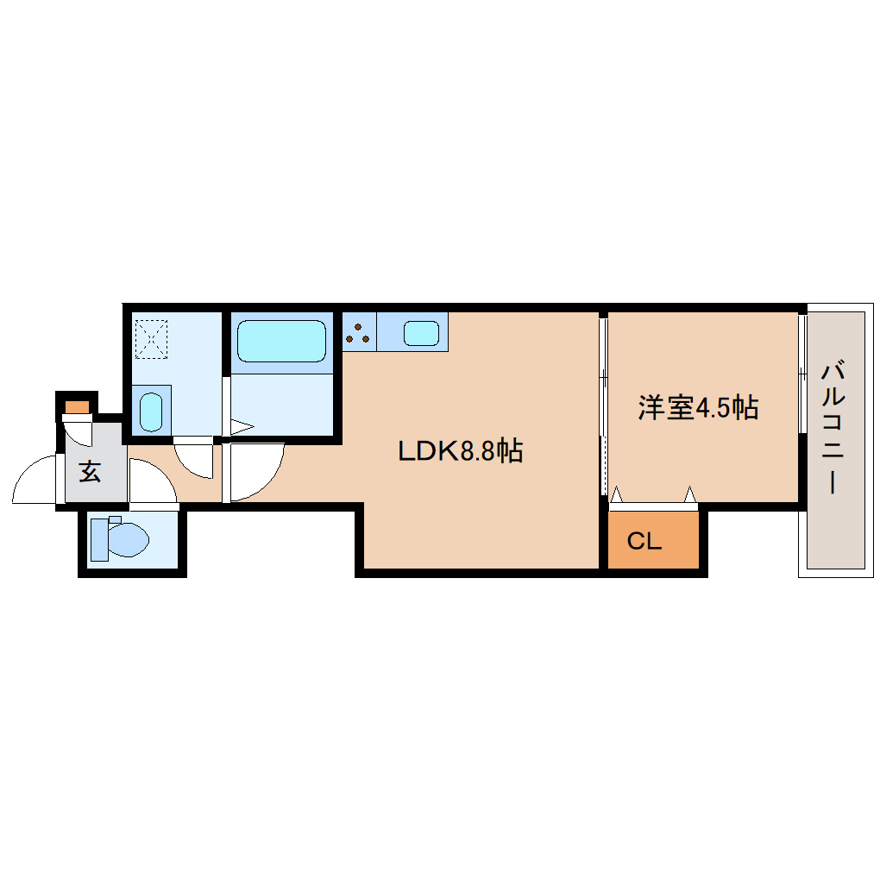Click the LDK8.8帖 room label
461,450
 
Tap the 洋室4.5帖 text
698,407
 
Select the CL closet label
644,542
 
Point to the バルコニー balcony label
833,428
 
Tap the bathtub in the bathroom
281,342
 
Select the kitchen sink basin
421,333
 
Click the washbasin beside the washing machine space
151,411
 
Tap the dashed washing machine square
153,339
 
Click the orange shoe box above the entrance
77,406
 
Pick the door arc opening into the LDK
257,472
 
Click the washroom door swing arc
193,459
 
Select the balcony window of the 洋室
802,374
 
